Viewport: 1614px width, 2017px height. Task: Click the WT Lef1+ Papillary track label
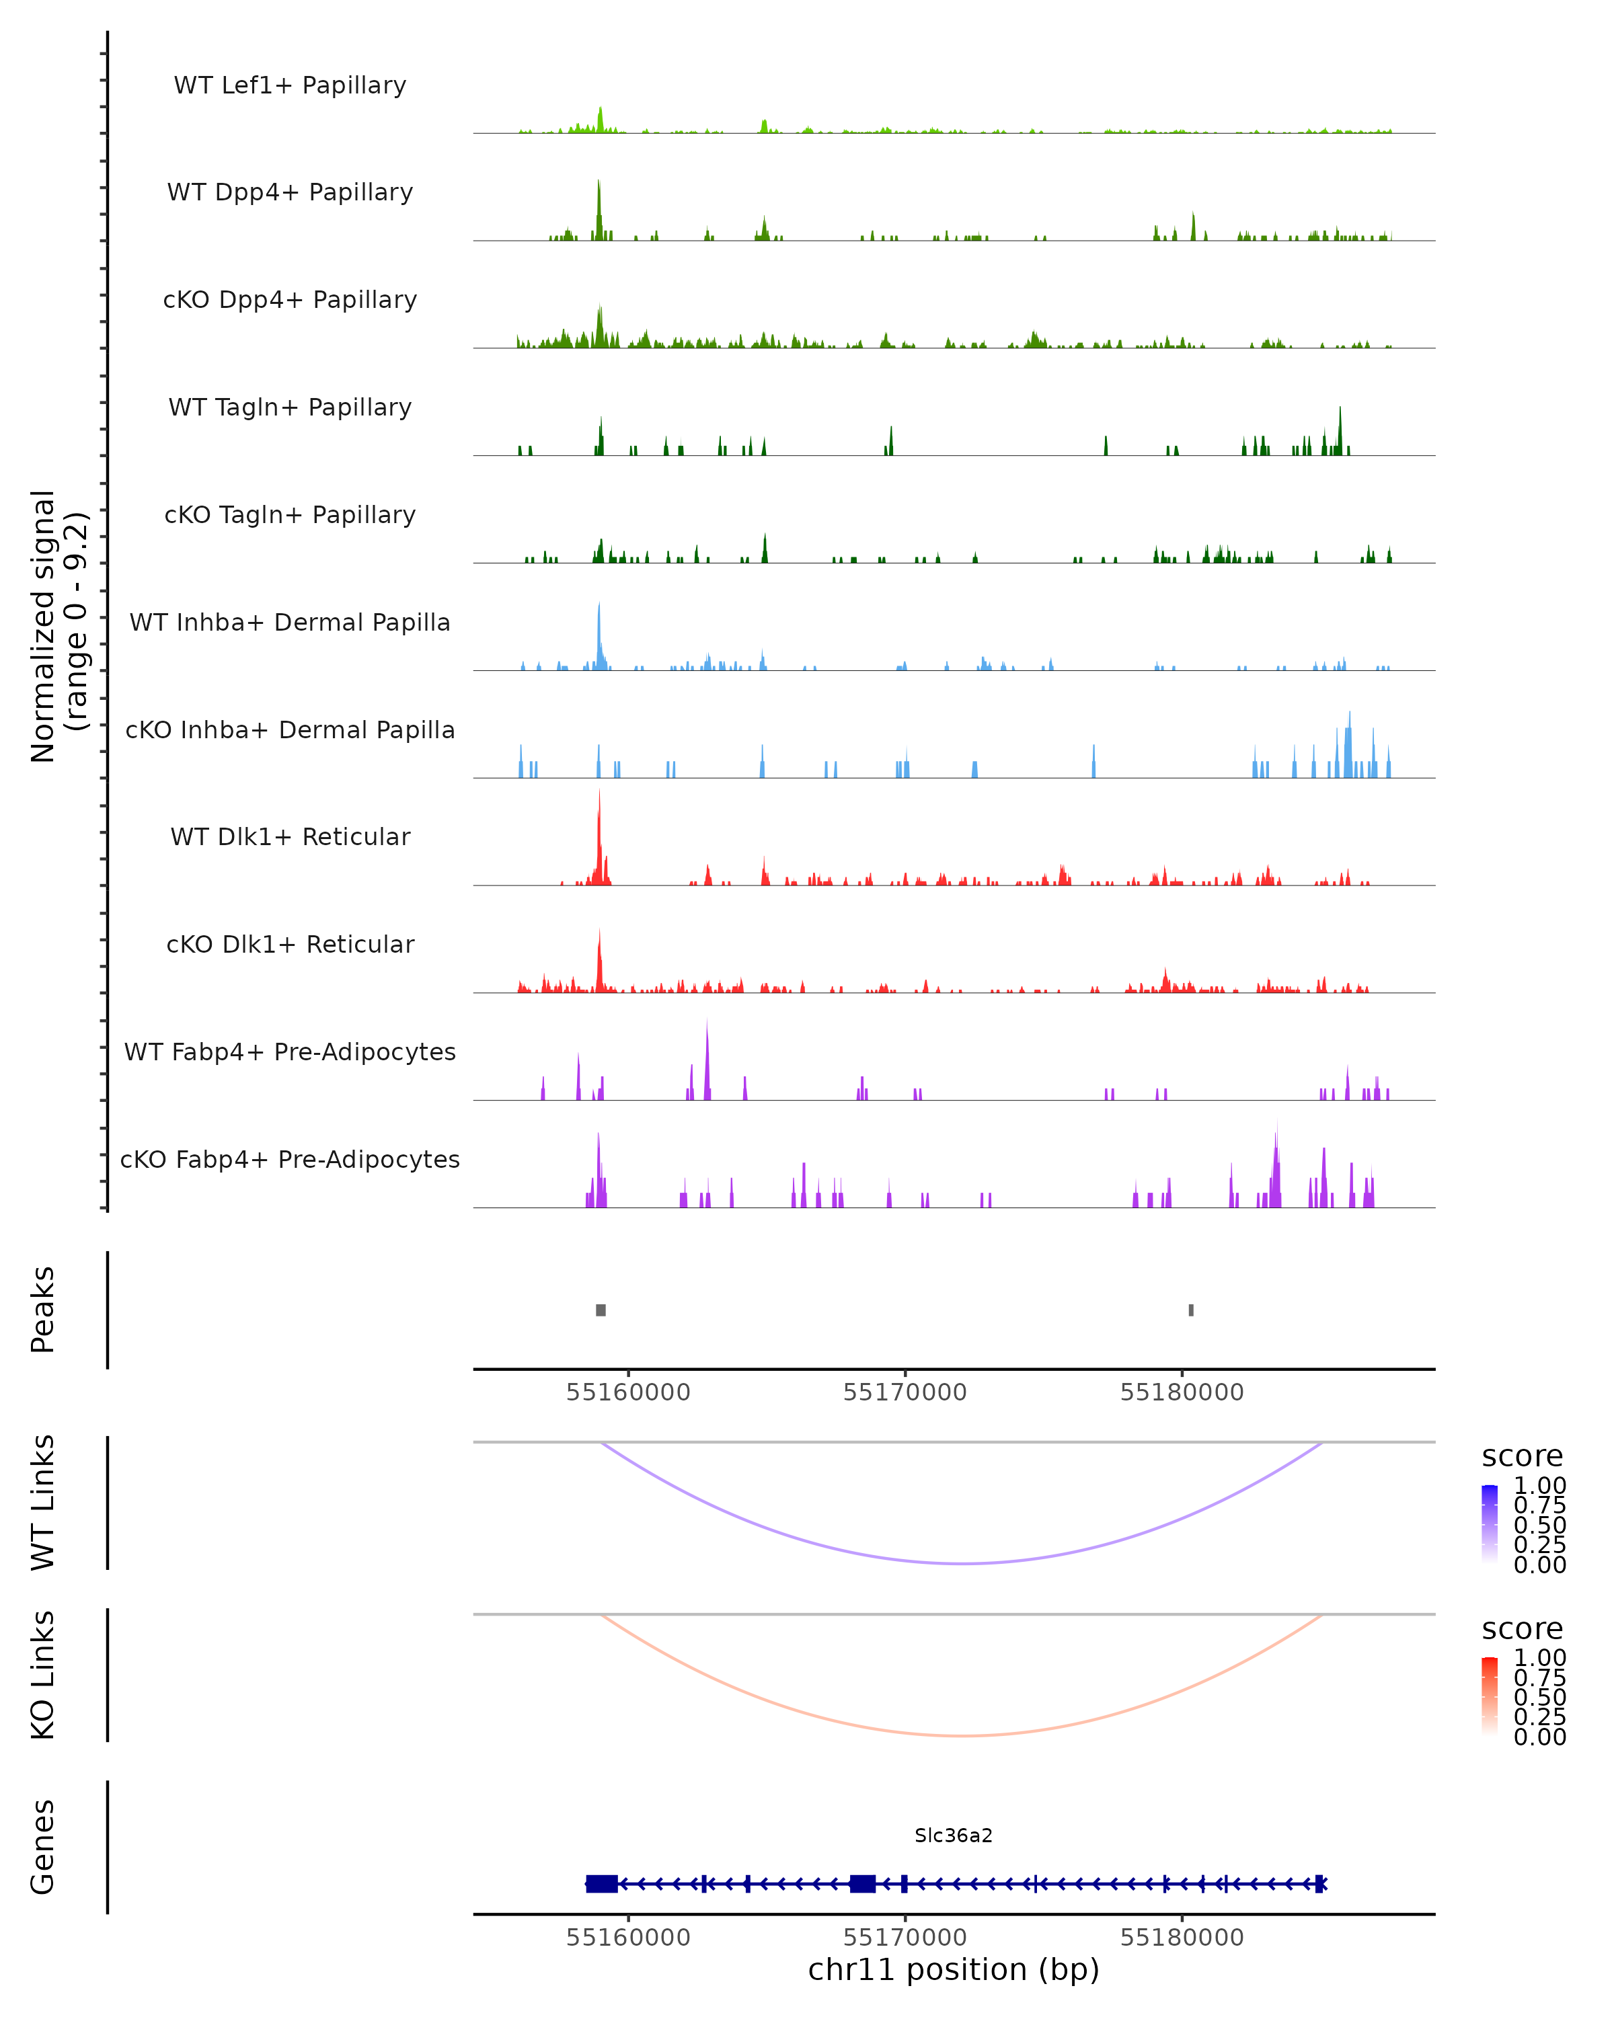290,85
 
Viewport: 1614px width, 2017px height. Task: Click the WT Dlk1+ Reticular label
290,836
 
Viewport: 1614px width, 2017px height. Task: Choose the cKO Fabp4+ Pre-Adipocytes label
290,1159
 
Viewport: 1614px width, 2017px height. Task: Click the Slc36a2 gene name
954,1835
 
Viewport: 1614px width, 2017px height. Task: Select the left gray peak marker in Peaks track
601,1310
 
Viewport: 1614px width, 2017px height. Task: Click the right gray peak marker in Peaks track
1191,1310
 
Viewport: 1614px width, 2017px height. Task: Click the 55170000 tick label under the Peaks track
905,1392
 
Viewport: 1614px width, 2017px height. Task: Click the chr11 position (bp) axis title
954,1970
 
